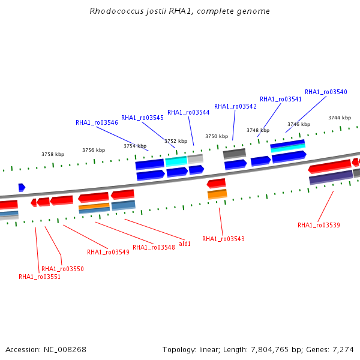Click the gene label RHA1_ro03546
pos(97,122)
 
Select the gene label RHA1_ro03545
pos(142,118)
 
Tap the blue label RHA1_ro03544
pos(188,112)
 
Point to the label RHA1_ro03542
pos(235,106)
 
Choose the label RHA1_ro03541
pos(281,99)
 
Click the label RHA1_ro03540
pos(326,92)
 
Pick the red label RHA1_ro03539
pos(319,225)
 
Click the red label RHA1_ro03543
pos(223,239)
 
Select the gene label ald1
pos(185,244)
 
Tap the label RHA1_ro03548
pos(154,247)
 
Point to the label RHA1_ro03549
pos(108,252)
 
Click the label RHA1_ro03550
pos(62,269)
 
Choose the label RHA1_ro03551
pos(40,277)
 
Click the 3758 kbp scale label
pos(53,154)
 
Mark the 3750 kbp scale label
pos(217,136)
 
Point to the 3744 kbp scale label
pos(340,118)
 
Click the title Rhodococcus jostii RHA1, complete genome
pos(179,11)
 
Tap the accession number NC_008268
pos(65,350)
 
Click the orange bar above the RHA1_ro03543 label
pos(217,194)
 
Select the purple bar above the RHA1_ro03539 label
pos(331,177)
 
